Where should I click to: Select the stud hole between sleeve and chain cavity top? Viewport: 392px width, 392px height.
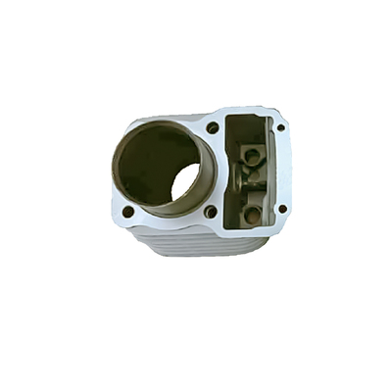213,127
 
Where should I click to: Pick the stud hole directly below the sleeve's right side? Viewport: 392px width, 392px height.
210,211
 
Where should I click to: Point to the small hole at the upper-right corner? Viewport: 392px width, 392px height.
280,127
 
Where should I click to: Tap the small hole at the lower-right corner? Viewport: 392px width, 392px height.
282,208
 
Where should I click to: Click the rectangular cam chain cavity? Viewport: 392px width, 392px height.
252,171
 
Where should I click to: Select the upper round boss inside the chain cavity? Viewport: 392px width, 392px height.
252,155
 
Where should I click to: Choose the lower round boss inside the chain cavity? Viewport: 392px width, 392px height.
253,213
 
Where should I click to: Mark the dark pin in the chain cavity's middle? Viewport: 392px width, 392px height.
248,181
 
